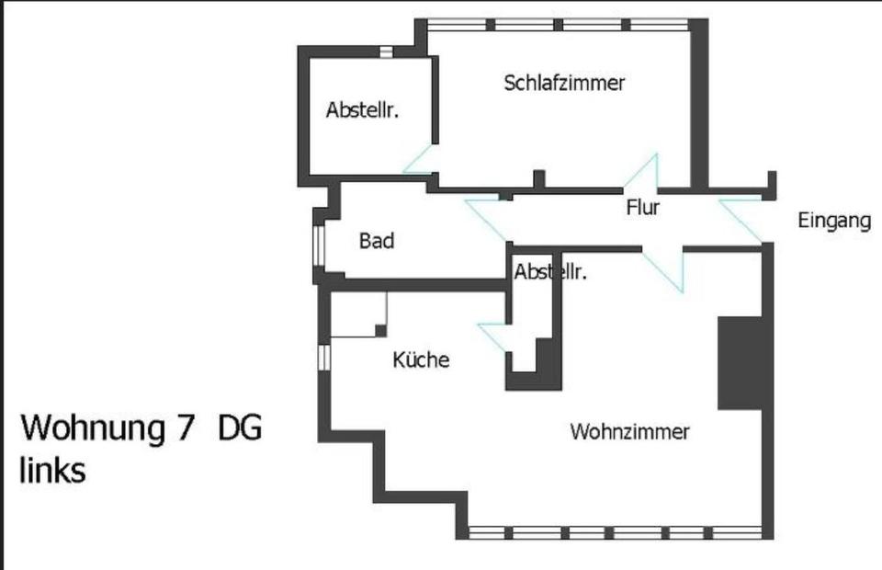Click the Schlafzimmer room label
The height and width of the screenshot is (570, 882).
coord(564,83)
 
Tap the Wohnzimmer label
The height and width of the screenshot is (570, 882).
coord(629,431)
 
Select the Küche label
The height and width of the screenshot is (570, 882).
coord(421,359)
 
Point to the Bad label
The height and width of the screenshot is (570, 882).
coord(377,241)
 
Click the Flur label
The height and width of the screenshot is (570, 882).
coord(643,208)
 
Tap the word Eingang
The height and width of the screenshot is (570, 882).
coord(833,221)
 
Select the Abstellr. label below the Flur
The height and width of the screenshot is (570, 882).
coord(550,272)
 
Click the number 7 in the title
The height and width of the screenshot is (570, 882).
coord(181,428)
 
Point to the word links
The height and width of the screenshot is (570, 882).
coord(52,470)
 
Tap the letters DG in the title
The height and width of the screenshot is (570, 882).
coord(240,428)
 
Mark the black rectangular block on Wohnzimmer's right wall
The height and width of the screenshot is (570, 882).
coord(741,362)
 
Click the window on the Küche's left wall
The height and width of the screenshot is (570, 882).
coord(322,357)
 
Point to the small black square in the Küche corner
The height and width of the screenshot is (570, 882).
coord(380,330)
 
